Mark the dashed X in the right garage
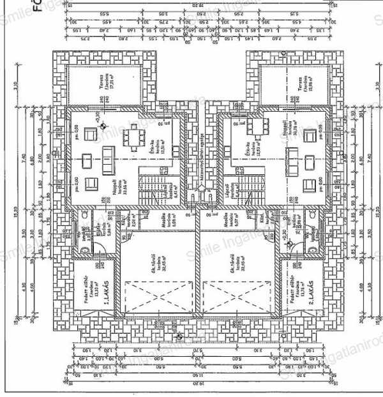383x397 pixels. click(x=240, y=296)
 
